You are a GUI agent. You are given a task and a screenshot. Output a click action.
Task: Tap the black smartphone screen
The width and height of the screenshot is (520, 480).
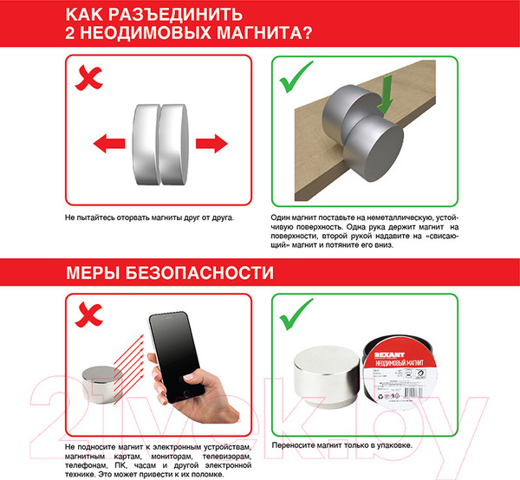[177, 347]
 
